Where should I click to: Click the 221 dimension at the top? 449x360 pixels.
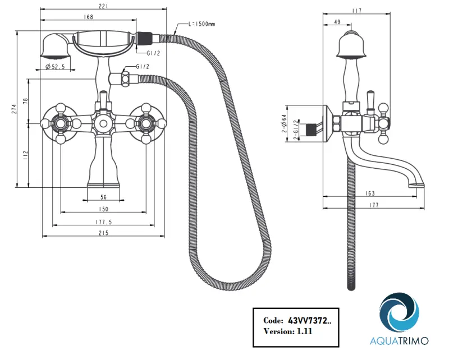[x=103, y=6]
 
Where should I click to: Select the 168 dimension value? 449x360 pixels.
[x=88, y=17]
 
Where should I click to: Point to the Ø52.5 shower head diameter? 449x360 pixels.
[x=55, y=67]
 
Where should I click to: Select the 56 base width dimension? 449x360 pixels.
[x=103, y=197]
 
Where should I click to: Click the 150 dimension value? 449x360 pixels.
[x=103, y=209]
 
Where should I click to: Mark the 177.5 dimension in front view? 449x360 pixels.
[x=103, y=222]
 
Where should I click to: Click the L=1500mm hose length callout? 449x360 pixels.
[x=202, y=24]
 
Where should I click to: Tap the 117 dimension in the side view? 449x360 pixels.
[x=357, y=11]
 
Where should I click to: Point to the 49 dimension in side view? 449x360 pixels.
[x=337, y=22]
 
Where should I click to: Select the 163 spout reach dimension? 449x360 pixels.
[x=370, y=193]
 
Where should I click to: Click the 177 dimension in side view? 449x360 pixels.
[x=370, y=205]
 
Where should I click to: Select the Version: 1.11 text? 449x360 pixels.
[x=287, y=331]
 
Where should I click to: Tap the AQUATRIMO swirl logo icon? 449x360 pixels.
[x=399, y=312]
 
